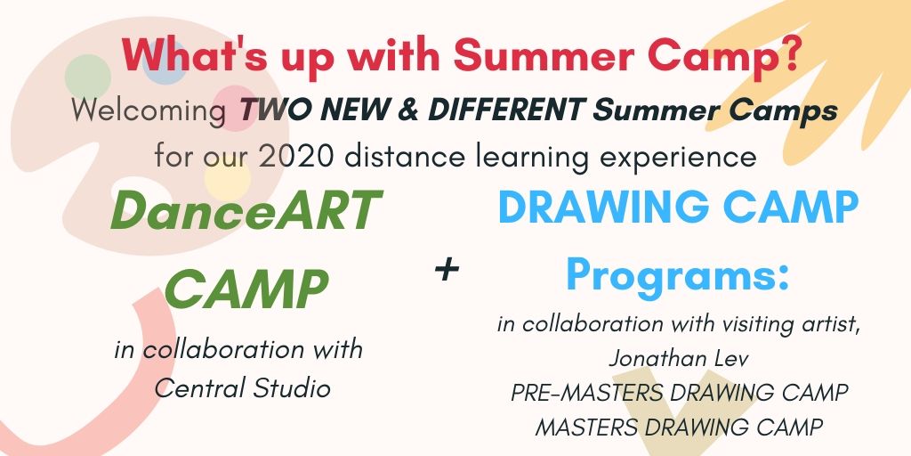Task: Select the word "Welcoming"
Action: click(x=149, y=110)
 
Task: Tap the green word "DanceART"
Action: click(x=246, y=210)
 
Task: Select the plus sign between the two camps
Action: click(x=447, y=270)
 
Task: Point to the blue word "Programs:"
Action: click(x=677, y=274)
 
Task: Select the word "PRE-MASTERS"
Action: click(x=585, y=393)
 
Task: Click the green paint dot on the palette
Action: click(x=88, y=77)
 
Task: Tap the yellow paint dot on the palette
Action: click(x=227, y=179)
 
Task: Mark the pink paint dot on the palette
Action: click(x=234, y=108)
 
